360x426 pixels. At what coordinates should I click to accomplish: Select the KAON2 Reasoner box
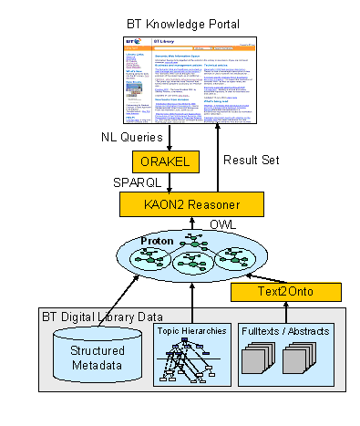click(192, 203)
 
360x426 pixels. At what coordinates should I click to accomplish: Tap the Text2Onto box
click(285, 292)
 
